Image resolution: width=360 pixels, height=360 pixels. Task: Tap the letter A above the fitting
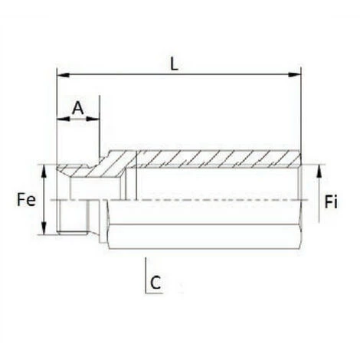pos(77,107)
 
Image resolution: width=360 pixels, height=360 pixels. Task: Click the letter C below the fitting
pos(155,283)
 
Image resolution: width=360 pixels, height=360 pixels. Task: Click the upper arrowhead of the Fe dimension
pos(46,169)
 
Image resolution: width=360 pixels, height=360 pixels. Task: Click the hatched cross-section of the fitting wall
pos(214,159)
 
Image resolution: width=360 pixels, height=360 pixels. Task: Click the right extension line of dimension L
pos(300,115)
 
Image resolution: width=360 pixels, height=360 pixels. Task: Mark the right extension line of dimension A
pos(100,130)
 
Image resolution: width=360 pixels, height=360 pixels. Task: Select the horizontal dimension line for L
pos(230,75)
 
